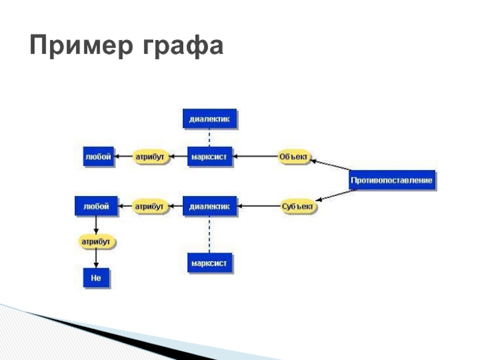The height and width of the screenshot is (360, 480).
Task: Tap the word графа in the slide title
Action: (182, 46)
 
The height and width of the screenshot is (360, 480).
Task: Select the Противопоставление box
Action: (392, 181)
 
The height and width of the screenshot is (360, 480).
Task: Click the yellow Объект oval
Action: (294, 157)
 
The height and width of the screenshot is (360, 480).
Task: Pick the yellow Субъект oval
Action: (298, 207)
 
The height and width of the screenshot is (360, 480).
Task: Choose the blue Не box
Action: (96, 278)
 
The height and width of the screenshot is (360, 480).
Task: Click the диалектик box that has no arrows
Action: (209, 119)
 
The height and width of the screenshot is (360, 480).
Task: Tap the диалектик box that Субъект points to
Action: (209, 206)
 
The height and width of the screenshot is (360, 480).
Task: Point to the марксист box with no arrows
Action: (209, 263)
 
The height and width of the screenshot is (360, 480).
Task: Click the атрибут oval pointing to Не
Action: (97, 242)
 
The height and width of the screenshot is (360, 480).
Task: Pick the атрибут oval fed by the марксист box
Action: (149, 157)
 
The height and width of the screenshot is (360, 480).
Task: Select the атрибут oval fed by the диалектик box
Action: (149, 206)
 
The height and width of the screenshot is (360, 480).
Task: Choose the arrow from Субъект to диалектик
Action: (259, 207)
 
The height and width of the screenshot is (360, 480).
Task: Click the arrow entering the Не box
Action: (97, 259)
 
